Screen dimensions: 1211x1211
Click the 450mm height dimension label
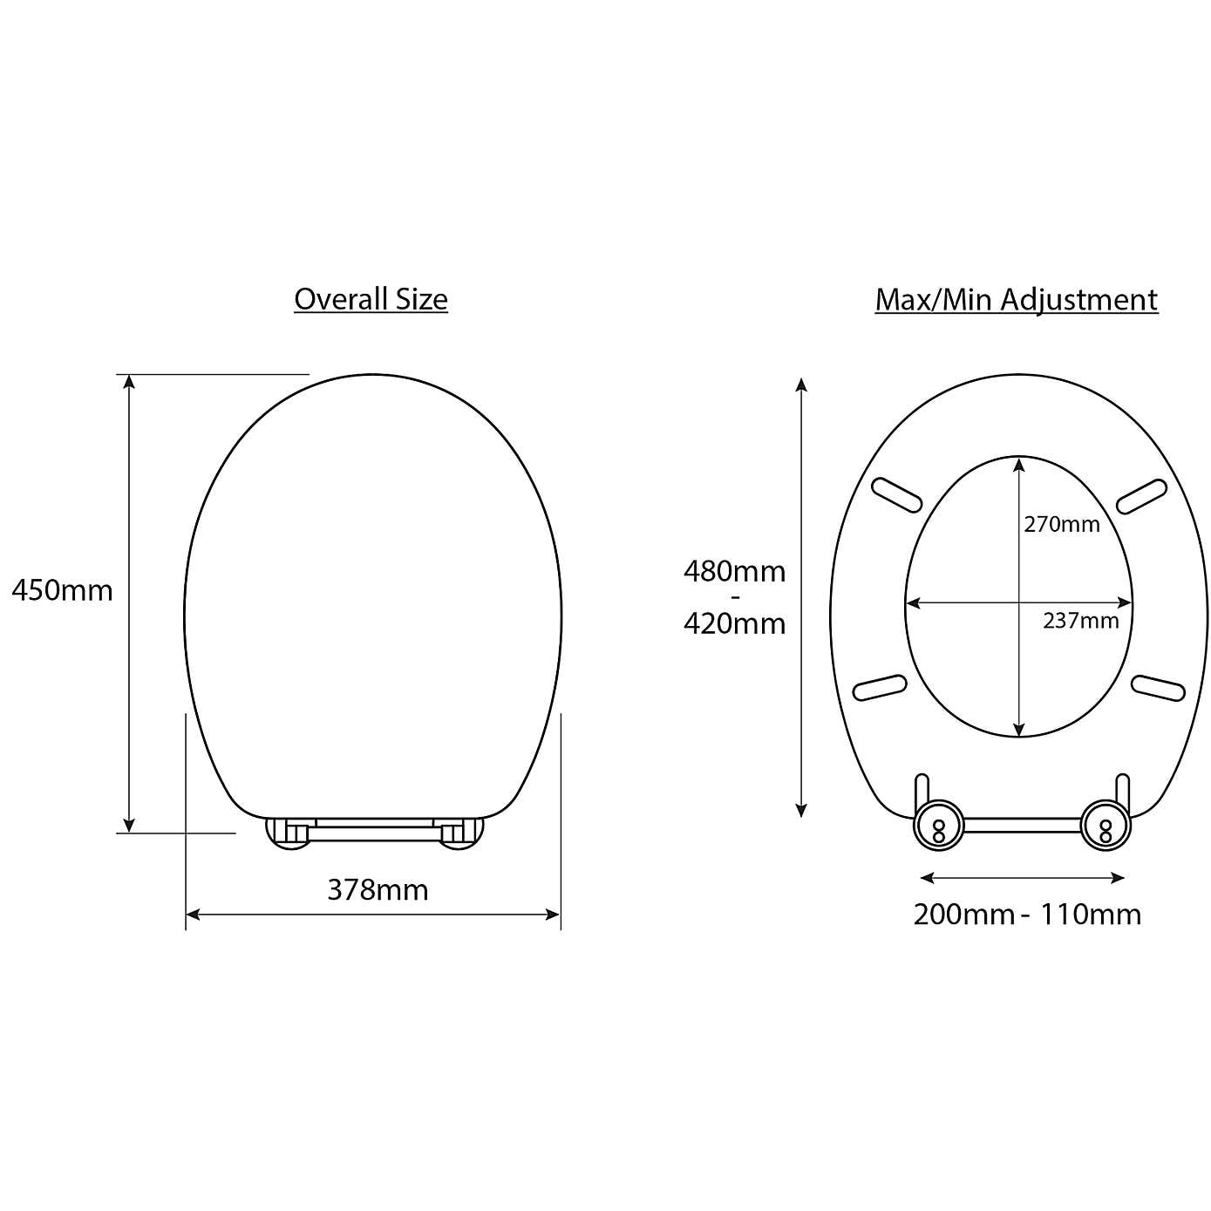[62, 591]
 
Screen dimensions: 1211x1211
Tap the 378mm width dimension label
[378, 890]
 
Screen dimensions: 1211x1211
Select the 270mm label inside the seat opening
[1061, 524]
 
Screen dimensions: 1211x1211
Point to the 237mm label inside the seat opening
[1080, 621]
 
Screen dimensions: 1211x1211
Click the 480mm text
[734, 572]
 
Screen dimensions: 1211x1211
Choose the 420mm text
[734, 624]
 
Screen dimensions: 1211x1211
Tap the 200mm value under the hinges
[963, 915]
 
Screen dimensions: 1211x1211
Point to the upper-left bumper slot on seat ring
[896, 495]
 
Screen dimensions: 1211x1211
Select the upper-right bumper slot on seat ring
[1141, 495]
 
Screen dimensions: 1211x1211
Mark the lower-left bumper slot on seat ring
[880, 688]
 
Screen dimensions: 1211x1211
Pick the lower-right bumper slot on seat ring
[1158, 688]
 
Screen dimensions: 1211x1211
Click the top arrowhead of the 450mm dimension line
[129, 381]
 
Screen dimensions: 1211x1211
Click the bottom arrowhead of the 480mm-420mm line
[801, 810]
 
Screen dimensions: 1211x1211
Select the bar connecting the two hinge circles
[1022, 824]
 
